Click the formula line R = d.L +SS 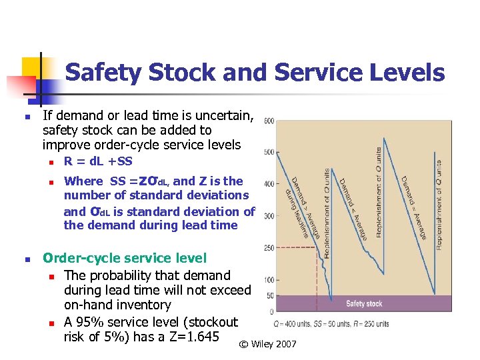click(98, 161)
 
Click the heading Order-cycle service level click(125, 258)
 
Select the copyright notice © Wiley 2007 click(267, 344)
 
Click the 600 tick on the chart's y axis click(268, 121)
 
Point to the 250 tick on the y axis click(268, 248)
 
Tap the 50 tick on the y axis click(269, 296)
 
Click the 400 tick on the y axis click(268, 184)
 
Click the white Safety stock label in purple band click(364, 303)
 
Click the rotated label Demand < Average click(351, 209)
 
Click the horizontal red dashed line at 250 click(293, 248)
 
